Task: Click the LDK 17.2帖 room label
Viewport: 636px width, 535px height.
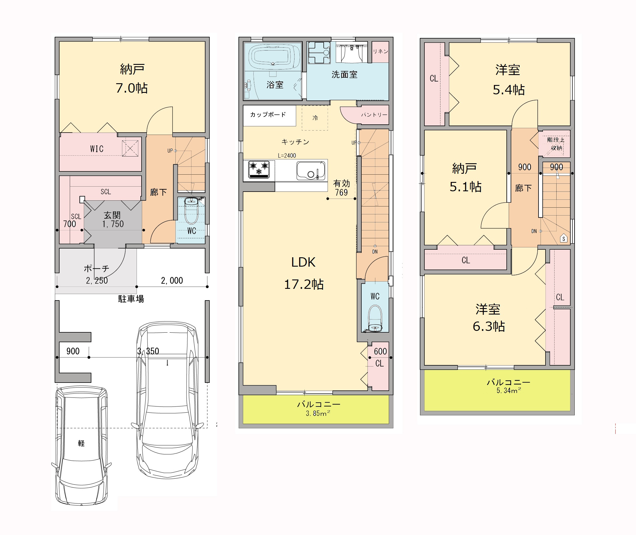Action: pos(304,273)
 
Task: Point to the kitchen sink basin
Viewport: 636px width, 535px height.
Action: pos(311,171)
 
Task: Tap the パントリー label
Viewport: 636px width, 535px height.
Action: pos(374,115)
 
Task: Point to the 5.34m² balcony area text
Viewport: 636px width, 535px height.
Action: pos(509,391)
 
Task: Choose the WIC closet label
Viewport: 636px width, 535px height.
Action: pos(97,149)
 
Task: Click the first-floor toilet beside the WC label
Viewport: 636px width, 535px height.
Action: pos(191,211)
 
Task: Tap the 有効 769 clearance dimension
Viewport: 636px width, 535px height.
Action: pos(341,188)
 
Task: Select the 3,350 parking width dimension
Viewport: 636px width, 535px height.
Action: pos(148,351)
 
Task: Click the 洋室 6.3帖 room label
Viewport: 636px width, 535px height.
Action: pos(489,317)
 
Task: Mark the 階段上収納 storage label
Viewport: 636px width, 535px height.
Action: pos(556,144)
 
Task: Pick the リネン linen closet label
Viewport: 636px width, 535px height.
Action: pos(380,51)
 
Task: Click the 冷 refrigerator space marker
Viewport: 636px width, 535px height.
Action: pos(315,118)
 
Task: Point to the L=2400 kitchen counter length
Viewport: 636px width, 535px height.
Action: pos(287,156)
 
